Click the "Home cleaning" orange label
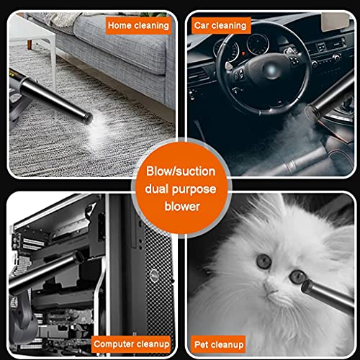(x=138, y=25)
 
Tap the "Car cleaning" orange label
(x=221, y=25)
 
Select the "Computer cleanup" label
(x=131, y=344)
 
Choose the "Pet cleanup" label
(x=218, y=345)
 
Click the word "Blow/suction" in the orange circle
(x=181, y=171)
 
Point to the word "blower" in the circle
(x=182, y=207)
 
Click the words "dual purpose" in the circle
(x=181, y=189)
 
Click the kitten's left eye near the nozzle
(x=297, y=276)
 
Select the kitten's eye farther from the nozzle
(x=264, y=261)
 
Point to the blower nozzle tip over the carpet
(x=88, y=119)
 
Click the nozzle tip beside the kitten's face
(x=307, y=287)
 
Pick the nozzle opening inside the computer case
(x=79, y=258)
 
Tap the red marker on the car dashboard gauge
(x=243, y=53)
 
